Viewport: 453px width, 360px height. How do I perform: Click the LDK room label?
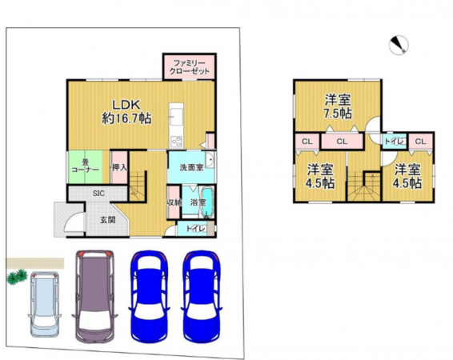point(126,103)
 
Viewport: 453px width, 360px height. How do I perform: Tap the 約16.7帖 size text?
point(126,118)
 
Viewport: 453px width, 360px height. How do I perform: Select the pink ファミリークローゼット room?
point(189,66)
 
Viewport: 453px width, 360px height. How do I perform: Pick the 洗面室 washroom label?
point(189,168)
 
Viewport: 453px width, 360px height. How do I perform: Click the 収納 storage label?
point(174,202)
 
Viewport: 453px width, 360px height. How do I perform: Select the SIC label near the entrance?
point(98,194)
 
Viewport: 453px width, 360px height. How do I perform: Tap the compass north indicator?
point(398,46)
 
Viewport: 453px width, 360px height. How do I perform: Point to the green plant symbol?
point(15,277)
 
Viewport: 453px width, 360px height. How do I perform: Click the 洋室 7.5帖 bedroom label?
point(337,106)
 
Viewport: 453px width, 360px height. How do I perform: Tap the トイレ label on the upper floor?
point(393,141)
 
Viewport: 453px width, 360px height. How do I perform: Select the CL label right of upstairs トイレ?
point(420,142)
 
